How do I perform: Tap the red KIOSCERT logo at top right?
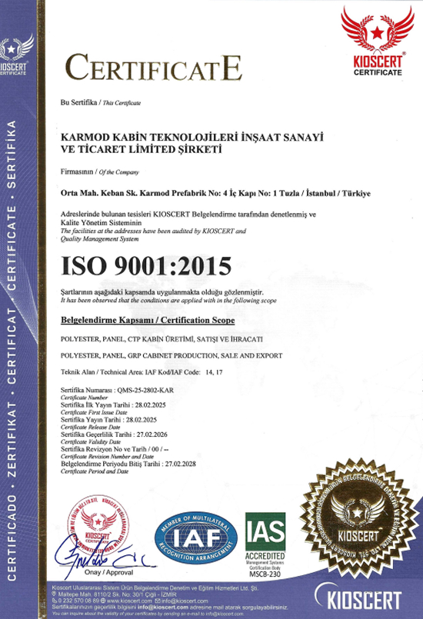[377, 42]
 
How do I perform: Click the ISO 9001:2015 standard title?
[145, 265]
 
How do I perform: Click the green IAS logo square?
[265, 529]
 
